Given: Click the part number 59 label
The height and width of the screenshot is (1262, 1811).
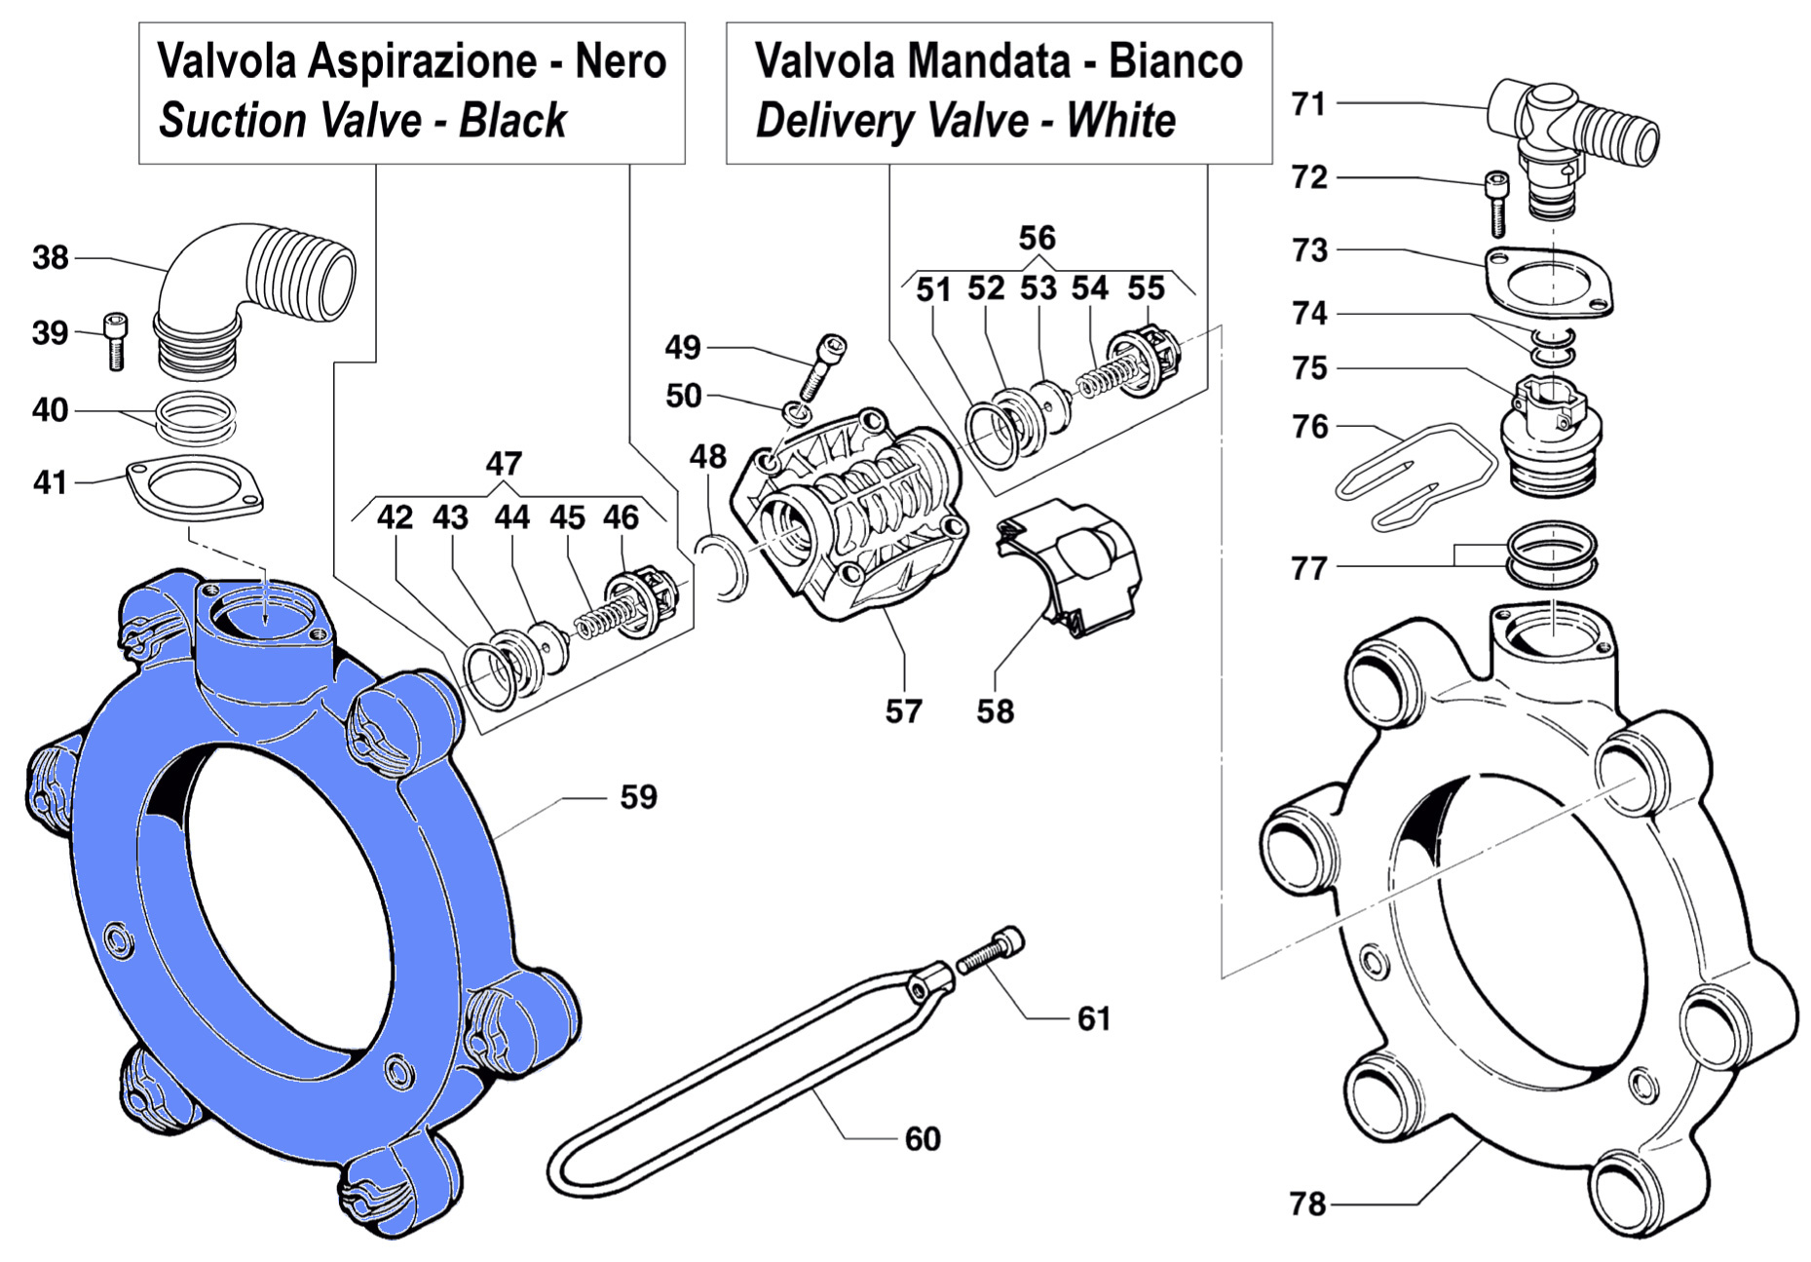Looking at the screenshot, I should [x=638, y=797].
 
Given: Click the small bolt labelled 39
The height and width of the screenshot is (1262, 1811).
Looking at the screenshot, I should [x=115, y=341].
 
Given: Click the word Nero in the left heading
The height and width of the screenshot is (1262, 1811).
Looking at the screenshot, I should [x=621, y=61].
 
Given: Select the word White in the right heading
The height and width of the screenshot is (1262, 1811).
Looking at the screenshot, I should [x=1120, y=122].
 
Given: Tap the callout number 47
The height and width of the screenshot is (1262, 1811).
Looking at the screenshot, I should [x=504, y=464].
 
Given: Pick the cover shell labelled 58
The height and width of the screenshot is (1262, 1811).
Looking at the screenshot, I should [x=1072, y=565].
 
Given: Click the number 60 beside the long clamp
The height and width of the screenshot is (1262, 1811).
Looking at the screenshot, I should [x=922, y=1139].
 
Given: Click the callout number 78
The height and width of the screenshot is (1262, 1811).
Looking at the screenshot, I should [x=1307, y=1205].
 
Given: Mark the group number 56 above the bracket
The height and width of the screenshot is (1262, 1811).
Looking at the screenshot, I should [x=1037, y=239].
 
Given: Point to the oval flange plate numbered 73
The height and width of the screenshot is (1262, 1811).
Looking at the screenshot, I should [x=1549, y=282].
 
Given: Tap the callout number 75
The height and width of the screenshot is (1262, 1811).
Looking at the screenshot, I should [x=1309, y=368].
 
